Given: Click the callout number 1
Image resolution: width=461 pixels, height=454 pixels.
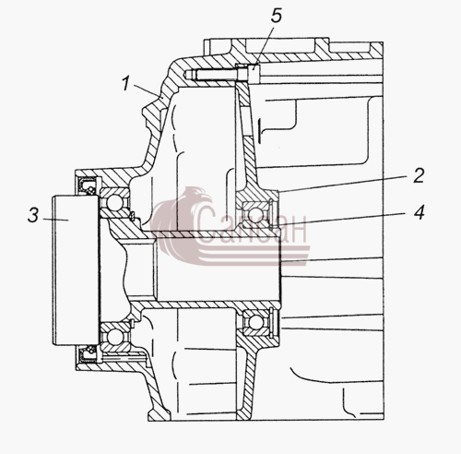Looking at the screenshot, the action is [125, 84].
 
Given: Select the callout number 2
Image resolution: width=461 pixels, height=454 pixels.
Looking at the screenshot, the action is [419, 175].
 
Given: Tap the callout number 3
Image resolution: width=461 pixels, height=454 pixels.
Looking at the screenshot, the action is [33, 215].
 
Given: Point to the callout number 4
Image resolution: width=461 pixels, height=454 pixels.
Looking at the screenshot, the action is [419, 212].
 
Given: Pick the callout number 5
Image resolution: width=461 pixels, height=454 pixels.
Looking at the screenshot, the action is [277, 16].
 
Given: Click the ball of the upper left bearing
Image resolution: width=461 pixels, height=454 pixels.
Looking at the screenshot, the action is [114, 202].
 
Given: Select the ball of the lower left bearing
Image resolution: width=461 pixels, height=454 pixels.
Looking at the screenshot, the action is [114, 337].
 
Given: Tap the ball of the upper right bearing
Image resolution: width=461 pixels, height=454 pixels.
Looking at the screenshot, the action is [255, 214].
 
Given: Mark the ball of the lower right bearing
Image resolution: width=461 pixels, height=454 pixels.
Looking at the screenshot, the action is [255, 322].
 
